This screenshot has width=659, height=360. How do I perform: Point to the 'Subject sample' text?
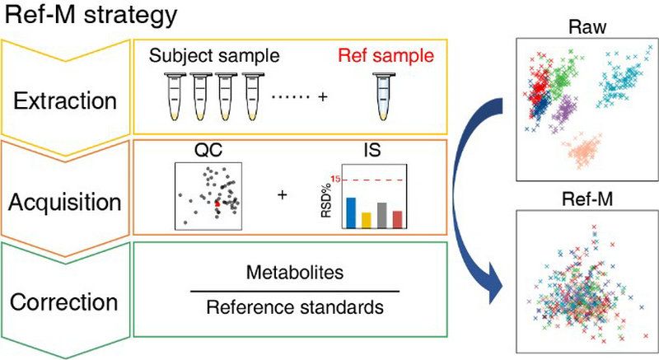point(214,57)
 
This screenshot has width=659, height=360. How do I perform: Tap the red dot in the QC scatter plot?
point(218,202)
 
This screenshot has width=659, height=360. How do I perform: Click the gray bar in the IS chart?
point(381,214)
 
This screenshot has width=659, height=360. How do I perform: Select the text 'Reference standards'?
point(294,307)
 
